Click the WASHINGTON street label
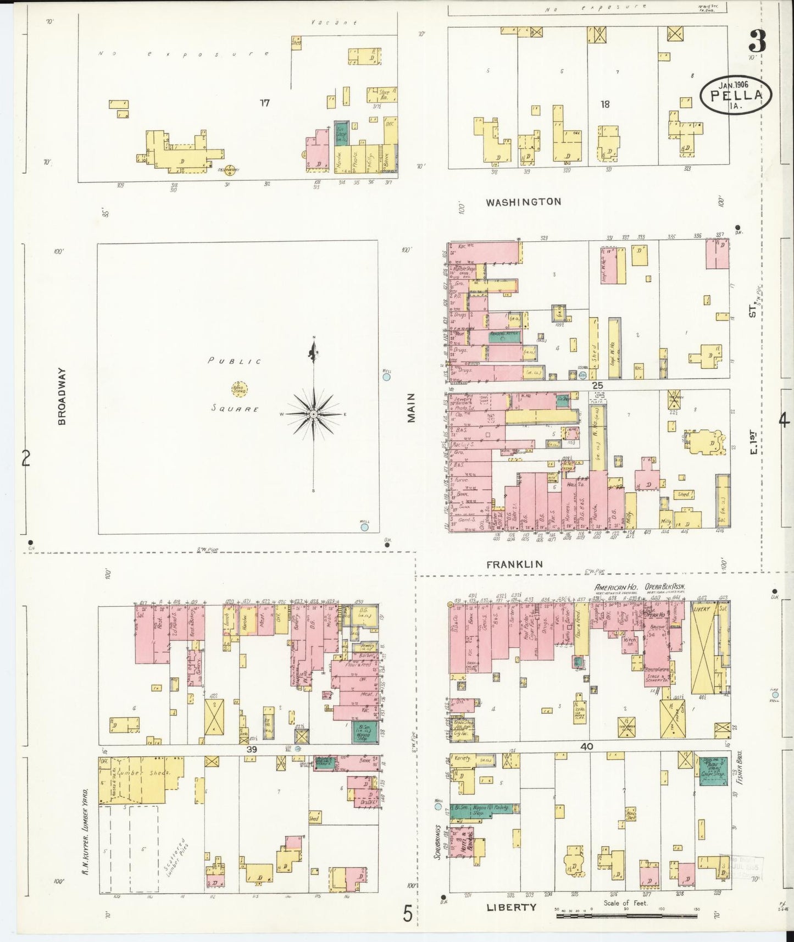523,202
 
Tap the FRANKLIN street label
514,564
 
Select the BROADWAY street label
61,396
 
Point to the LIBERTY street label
511,907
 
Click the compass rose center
313,413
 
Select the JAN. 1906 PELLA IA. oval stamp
735,94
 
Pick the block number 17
265,103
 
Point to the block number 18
604,104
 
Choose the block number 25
597,385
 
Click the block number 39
252,749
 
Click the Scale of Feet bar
626,917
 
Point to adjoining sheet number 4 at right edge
784,420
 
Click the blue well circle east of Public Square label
386,377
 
